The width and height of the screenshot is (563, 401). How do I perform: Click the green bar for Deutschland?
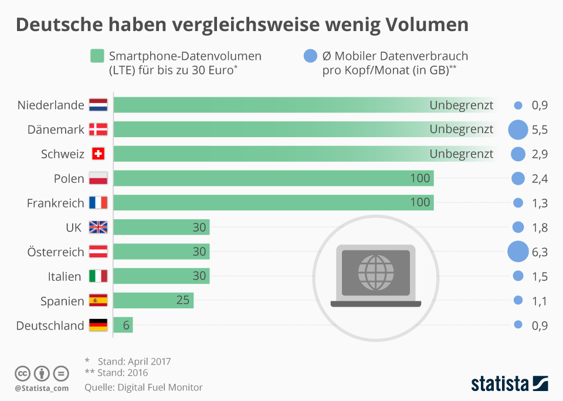pyautogui.click(x=123, y=325)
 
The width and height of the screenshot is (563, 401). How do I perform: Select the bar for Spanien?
pyautogui.click(x=153, y=300)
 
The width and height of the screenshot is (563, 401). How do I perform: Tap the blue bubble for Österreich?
pyautogui.click(x=518, y=252)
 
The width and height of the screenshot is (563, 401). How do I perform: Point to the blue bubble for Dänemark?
pyautogui.click(x=518, y=130)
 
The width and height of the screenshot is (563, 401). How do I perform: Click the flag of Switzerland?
pyautogui.click(x=98, y=154)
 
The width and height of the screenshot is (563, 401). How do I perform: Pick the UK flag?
pyautogui.click(x=98, y=227)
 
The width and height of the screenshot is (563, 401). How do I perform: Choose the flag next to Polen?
pyautogui.click(x=98, y=178)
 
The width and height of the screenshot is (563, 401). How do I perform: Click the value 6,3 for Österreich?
pyautogui.click(x=540, y=252)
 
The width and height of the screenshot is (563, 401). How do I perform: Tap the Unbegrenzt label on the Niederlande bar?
pyautogui.click(x=462, y=106)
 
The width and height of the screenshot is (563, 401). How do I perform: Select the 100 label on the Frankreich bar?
pyautogui.click(x=420, y=203)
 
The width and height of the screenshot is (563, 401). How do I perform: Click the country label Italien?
pyautogui.click(x=65, y=276)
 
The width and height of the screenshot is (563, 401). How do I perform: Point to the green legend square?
pyautogui.click(x=97, y=56)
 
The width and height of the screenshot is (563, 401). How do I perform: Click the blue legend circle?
pyautogui.click(x=310, y=56)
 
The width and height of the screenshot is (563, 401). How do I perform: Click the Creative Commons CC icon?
pyautogui.click(x=23, y=373)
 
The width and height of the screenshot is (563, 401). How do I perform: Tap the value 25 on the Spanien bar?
pyautogui.click(x=182, y=300)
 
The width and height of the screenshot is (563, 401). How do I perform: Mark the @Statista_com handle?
pyautogui.click(x=42, y=388)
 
